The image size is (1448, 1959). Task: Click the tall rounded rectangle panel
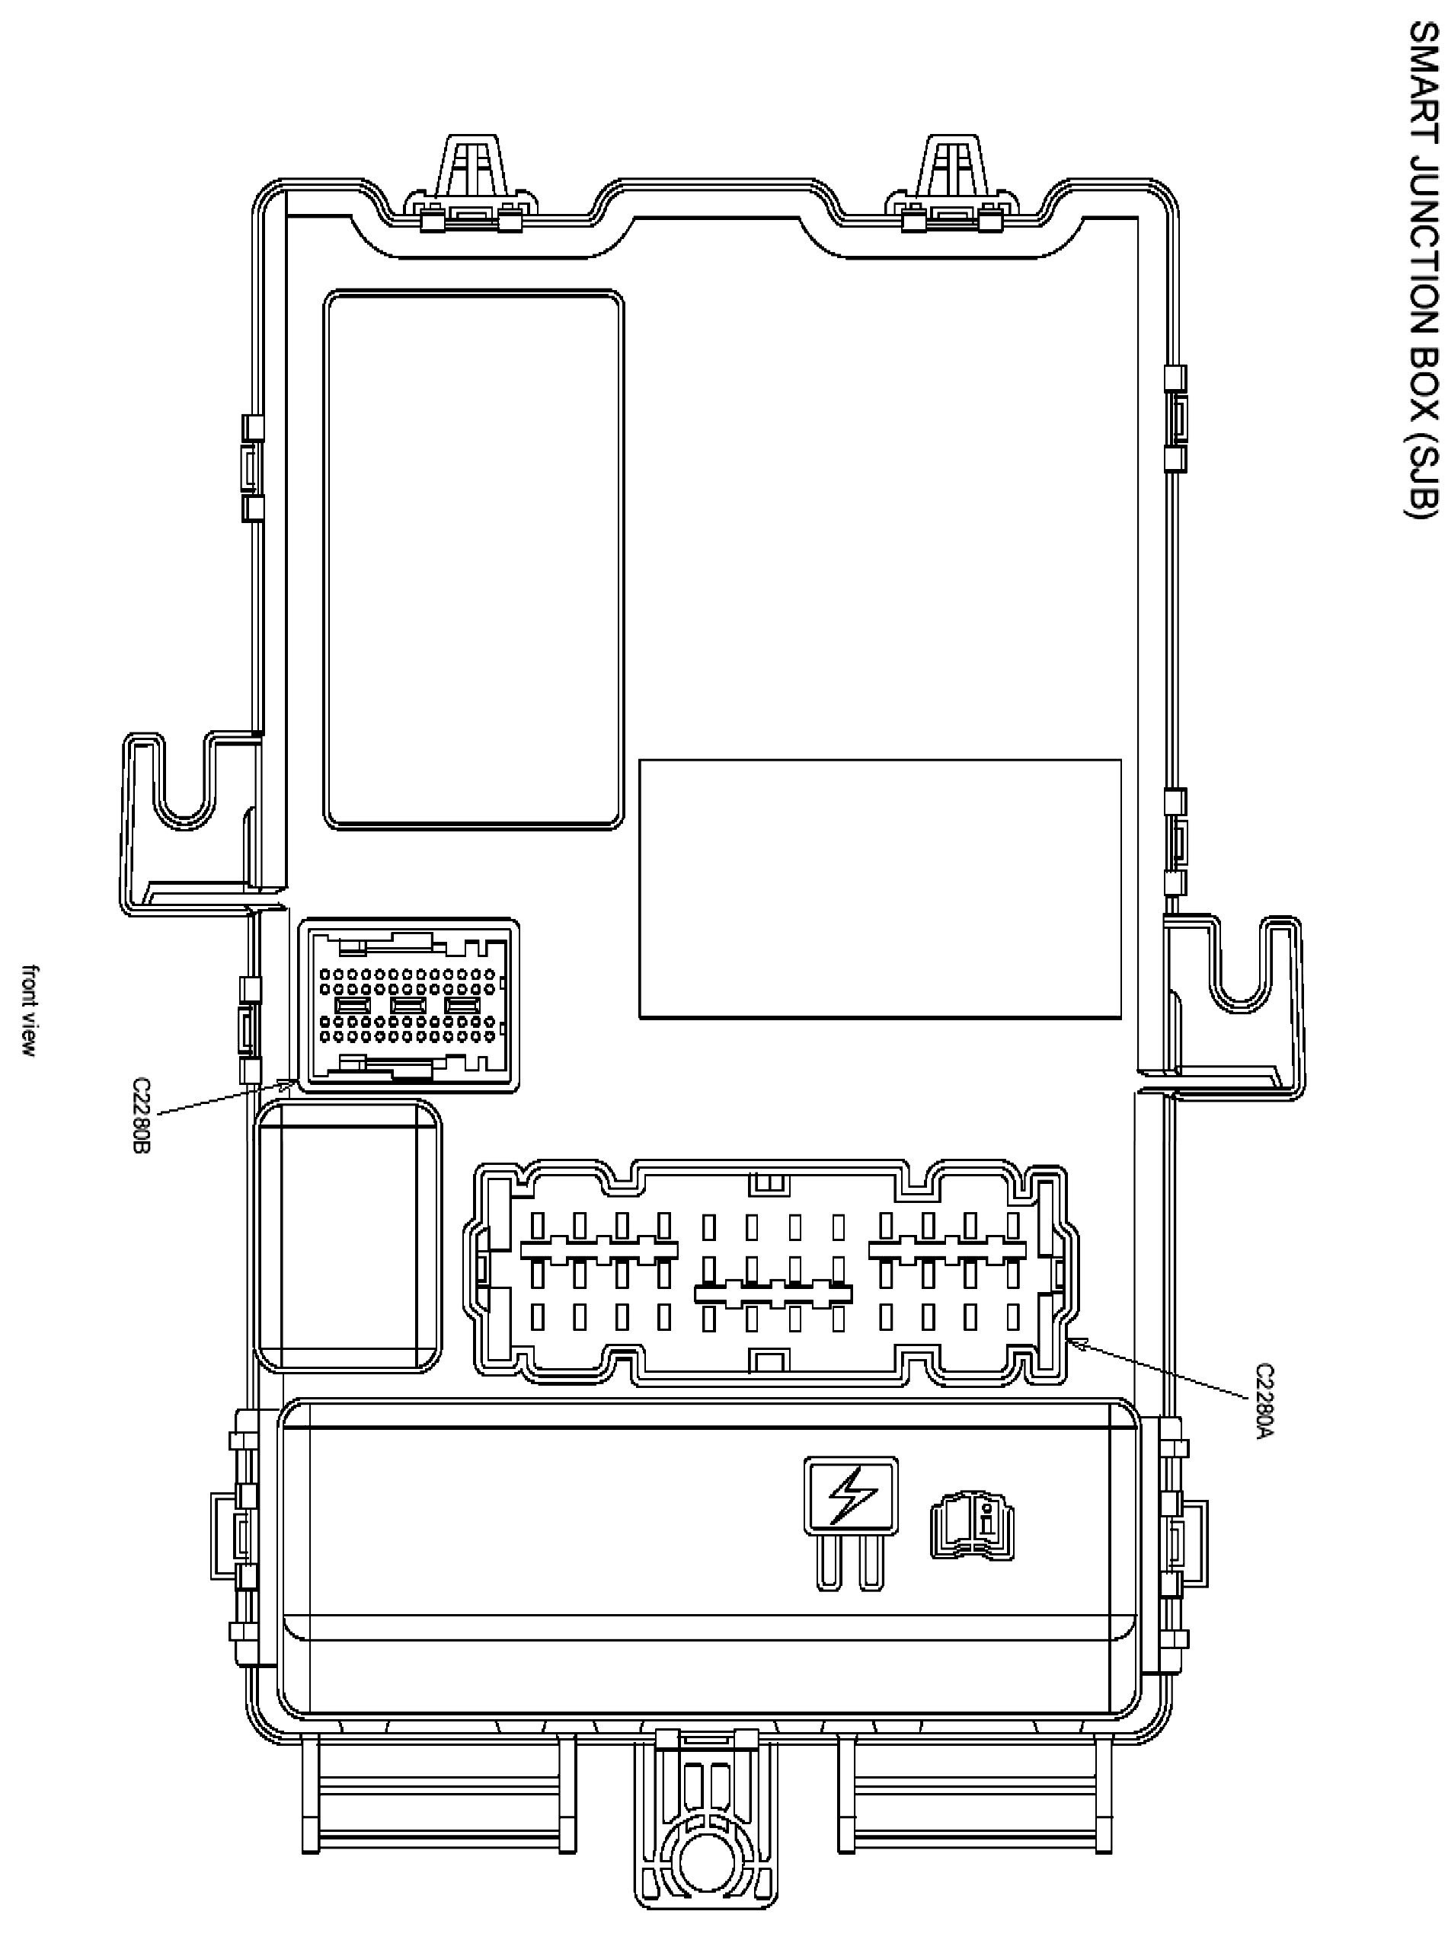tap(473, 560)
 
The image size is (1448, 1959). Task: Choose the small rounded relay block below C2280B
tap(349, 1236)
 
